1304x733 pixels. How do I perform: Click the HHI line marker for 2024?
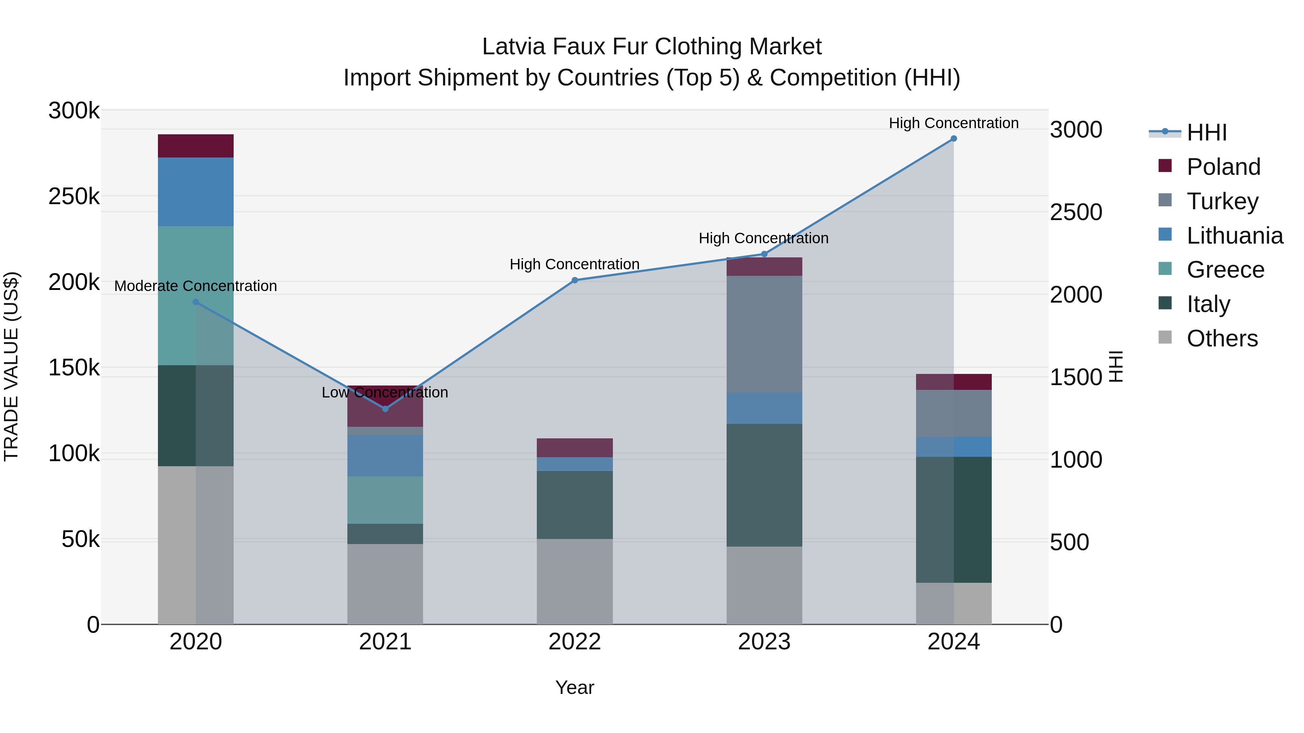(x=954, y=139)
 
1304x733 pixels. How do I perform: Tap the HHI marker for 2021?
(x=385, y=409)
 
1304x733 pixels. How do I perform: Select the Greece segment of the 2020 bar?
(x=196, y=295)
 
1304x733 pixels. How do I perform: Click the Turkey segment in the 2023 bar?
(x=764, y=334)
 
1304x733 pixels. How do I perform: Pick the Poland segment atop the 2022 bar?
(x=574, y=448)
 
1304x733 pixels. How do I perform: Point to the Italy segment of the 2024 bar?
(x=954, y=519)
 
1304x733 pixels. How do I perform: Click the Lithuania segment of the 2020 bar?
(x=196, y=192)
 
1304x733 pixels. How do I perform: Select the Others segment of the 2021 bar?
(x=385, y=584)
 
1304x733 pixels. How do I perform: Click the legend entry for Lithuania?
(x=1234, y=236)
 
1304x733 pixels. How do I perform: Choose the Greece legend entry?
(x=1225, y=270)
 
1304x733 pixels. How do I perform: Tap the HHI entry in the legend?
(x=1206, y=132)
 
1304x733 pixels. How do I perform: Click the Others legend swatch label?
(x=1221, y=338)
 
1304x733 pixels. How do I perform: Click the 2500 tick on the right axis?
(x=1076, y=212)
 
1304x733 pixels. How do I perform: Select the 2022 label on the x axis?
(x=574, y=642)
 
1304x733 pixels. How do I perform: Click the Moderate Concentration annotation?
(x=196, y=286)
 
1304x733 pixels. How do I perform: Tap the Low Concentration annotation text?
(x=385, y=392)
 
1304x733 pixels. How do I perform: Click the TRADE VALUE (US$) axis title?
(x=11, y=367)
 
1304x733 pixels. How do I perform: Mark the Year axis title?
(x=574, y=687)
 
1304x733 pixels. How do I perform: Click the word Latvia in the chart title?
(x=513, y=47)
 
